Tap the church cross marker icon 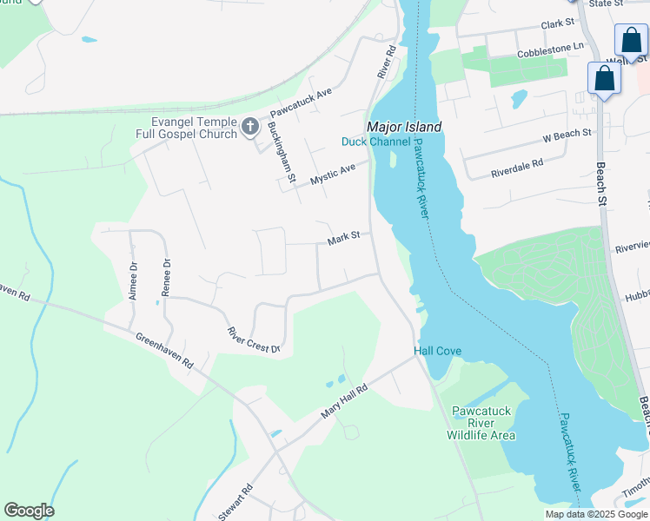tap(249, 128)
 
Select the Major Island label tap(404, 127)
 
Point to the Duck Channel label tap(375, 142)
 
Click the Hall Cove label tap(436, 351)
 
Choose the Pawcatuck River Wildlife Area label tap(481, 423)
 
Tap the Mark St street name tap(343, 239)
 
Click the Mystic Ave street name tap(334, 171)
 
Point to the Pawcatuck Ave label tap(301, 102)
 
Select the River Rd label tap(387, 63)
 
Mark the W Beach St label tap(567, 135)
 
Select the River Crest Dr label tap(254, 340)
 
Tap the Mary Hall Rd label tap(344, 403)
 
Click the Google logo tap(29, 510)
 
